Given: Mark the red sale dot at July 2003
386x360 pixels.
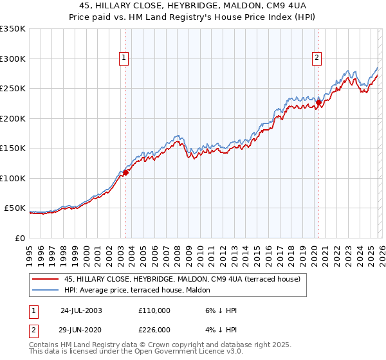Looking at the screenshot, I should pos(126,172).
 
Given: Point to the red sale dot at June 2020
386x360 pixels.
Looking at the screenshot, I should pos(318,102).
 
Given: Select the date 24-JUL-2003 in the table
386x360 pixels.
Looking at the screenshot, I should pos(81,310).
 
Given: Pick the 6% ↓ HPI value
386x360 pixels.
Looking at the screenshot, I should pos(219,310).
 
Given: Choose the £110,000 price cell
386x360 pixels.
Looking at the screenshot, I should pos(154,310).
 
